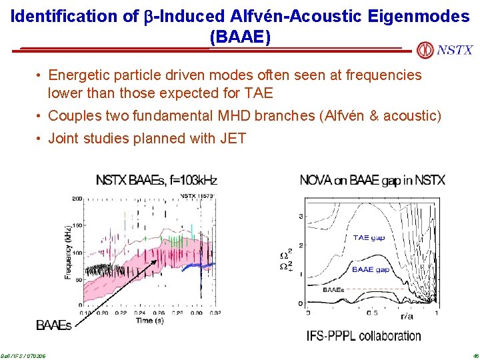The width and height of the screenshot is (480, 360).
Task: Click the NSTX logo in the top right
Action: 445,50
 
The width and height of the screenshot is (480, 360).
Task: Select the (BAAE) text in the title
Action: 240,37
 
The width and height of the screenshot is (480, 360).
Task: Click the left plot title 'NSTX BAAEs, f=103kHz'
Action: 157,180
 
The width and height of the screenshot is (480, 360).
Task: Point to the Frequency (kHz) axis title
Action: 69,253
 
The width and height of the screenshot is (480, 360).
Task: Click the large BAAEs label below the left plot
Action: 54,326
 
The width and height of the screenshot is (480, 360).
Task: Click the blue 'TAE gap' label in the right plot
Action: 369,238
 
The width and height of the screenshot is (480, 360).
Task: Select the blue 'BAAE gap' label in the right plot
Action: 371,269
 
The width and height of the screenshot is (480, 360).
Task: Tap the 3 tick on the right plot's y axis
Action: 301,217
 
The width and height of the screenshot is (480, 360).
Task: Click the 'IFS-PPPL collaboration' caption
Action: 363,336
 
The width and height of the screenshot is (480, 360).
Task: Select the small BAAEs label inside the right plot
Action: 333,290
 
